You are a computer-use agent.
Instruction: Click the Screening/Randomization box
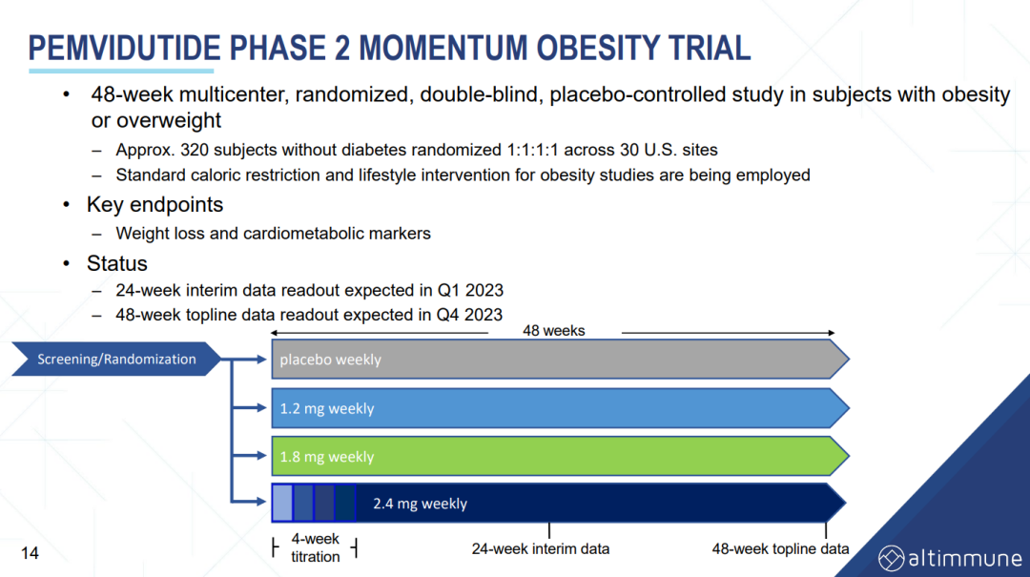click(116, 359)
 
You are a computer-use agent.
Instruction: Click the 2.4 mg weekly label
click(420, 504)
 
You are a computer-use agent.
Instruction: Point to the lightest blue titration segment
click(282, 503)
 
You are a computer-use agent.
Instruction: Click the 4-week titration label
click(316, 547)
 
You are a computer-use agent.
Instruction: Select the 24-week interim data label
click(540, 548)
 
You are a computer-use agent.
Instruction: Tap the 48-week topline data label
click(780, 548)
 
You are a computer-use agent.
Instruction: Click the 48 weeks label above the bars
click(554, 331)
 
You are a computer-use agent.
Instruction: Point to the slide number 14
click(30, 553)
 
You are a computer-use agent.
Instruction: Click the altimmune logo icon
click(892, 559)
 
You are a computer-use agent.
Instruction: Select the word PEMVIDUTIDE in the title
click(124, 49)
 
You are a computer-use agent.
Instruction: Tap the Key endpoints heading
click(155, 205)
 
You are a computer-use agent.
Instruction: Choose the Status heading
click(117, 263)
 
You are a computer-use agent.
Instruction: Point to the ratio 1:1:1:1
click(532, 150)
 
